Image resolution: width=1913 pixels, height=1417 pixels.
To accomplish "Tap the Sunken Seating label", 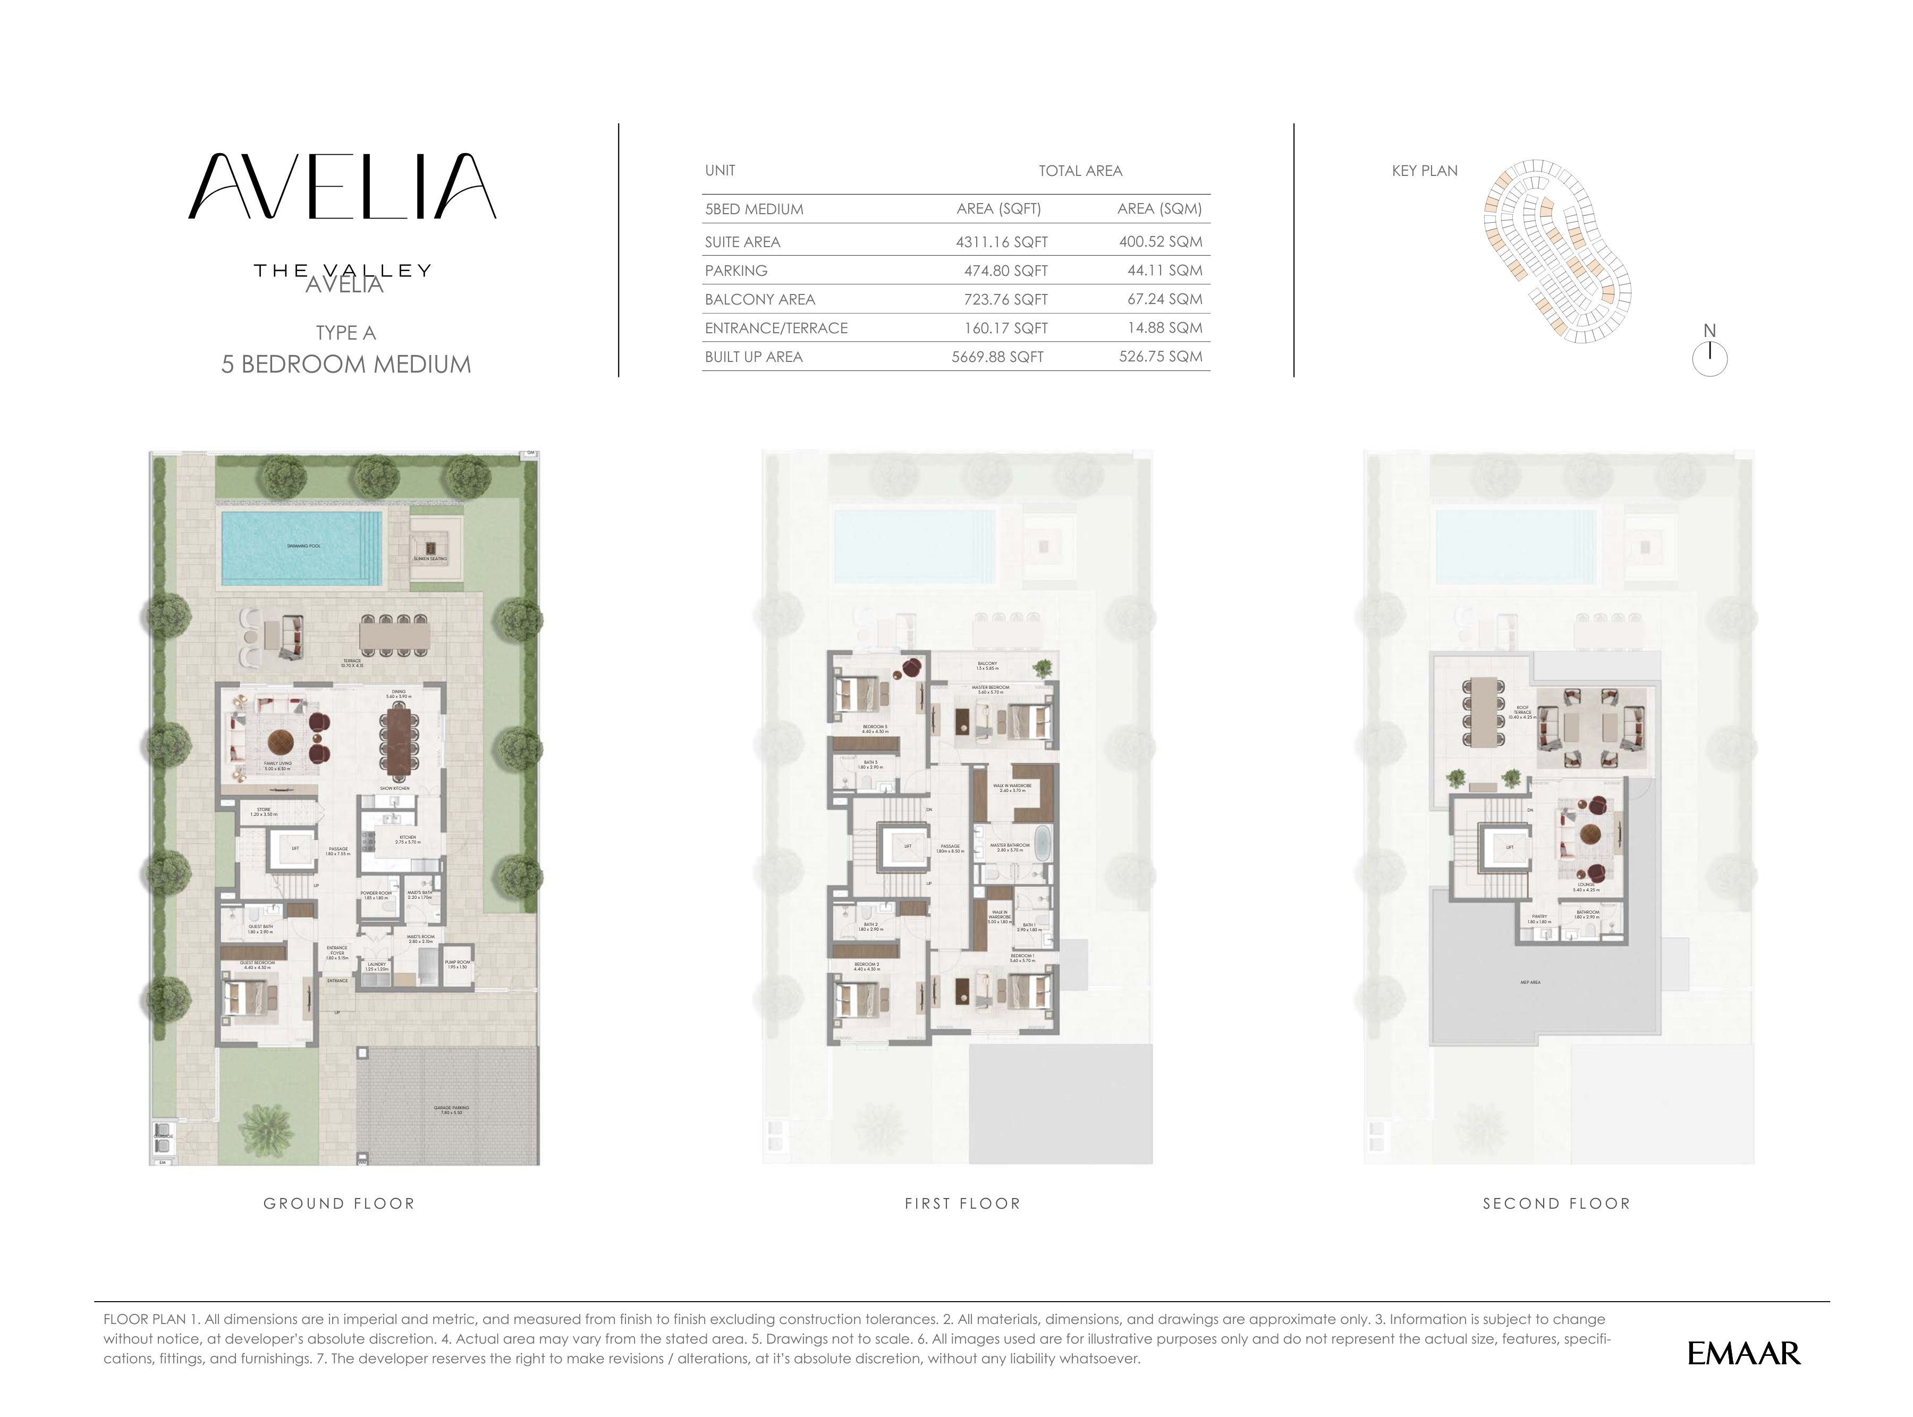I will [x=429, y=559].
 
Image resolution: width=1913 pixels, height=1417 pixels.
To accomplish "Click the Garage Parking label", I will [x=452, y=1109].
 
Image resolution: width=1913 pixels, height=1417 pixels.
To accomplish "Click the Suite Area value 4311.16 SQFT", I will [x=1001, y=242].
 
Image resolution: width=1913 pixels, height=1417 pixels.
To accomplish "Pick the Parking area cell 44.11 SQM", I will [x=1164, y=270].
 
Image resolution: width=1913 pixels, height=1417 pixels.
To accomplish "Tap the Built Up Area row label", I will [x=753, y=357].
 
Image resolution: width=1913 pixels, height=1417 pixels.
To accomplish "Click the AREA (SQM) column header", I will [x=1158, y=208].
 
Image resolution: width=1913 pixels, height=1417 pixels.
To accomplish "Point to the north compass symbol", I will [x=1709, y=356].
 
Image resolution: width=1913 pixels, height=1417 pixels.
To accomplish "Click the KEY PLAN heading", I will [x=1424, y=171].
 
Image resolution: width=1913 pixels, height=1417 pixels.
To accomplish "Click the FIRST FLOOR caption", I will [x=962, y=1203].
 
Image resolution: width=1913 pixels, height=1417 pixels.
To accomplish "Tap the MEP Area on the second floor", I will [x=1530, y=982].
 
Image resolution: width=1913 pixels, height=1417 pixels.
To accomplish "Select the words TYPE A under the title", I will [x=345, y=333].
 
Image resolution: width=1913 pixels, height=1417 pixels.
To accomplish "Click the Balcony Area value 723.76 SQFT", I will [x=1005, y=299].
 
